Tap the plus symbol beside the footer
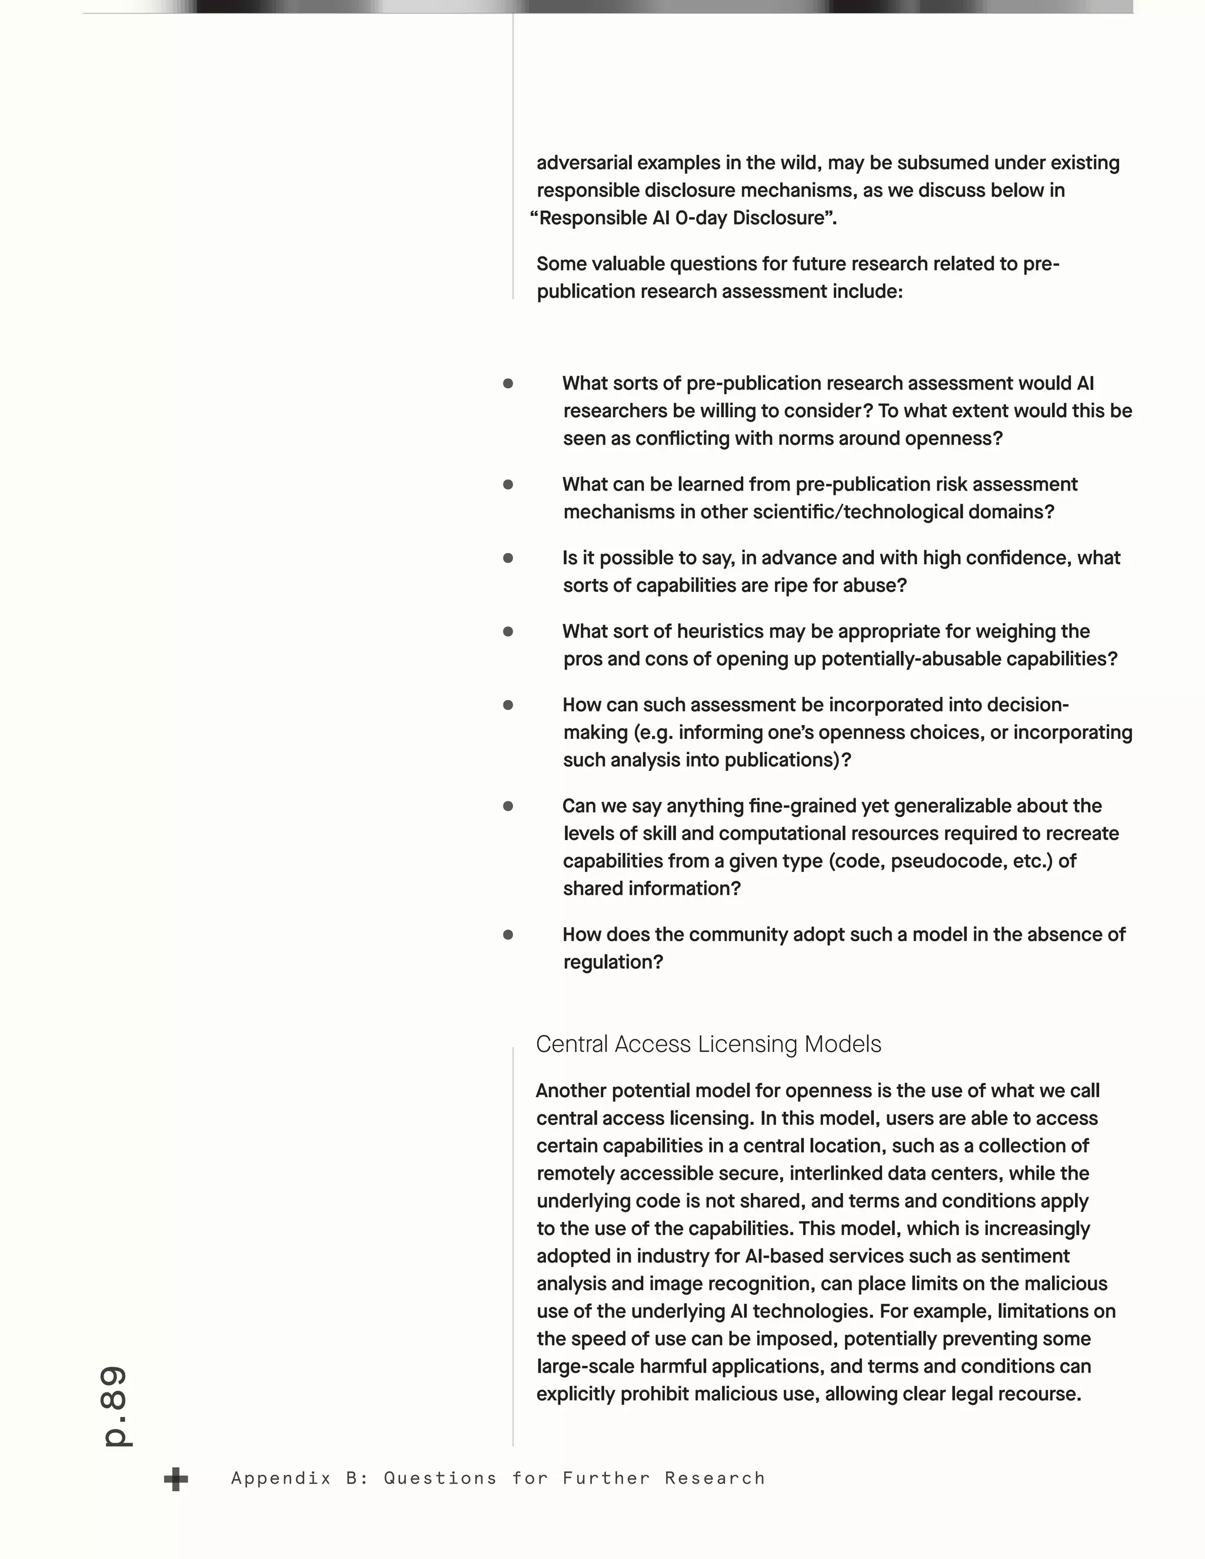pos(175,1480)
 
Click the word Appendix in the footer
pos(281,1478)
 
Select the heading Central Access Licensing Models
pos(708,1044)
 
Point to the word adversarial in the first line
pos(585,163)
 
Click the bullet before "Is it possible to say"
pos(508,558)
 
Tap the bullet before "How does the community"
pos(508,935)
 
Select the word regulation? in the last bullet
pos(613,962)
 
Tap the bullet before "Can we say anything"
pos(508,807)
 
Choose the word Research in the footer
pos(714,1478)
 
